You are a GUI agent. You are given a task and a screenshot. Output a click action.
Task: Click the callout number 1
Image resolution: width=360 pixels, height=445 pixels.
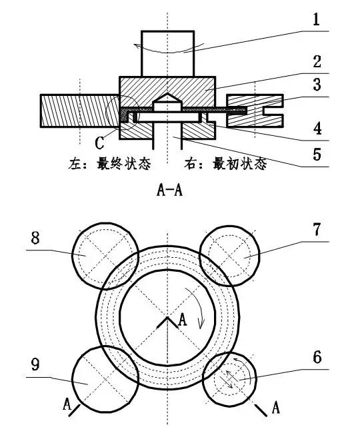click(316, 20)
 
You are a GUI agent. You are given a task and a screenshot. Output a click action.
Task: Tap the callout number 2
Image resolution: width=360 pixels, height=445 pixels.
click(317, 61)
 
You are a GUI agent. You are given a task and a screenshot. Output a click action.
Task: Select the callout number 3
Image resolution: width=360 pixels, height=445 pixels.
click(317, 85)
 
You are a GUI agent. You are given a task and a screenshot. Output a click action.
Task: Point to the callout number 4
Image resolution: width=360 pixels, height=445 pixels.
click(317, 129)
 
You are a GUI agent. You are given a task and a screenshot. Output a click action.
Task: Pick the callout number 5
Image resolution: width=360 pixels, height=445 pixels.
click(317, 155)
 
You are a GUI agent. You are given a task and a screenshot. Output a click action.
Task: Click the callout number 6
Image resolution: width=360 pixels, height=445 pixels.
click(317, 357)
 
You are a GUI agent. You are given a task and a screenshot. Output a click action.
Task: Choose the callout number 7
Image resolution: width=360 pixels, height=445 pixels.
click(317, 229)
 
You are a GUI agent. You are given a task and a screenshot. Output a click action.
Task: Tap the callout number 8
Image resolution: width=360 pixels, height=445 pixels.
click(35, 238)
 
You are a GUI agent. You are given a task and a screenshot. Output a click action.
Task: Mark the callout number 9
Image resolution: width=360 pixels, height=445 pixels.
click(35, 364)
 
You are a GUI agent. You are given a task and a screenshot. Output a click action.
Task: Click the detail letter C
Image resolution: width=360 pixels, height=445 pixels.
click(99, 143)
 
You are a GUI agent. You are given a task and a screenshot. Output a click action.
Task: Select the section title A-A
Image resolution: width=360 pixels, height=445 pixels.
click(169, 190)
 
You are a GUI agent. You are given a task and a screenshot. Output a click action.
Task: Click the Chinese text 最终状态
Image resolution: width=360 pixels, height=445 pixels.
click(123, 164)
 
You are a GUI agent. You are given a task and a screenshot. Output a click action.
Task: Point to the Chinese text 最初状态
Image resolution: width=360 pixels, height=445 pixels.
click(240, 164)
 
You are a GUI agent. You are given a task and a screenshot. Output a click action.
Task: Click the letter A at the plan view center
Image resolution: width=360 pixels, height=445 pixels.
click(182, 320)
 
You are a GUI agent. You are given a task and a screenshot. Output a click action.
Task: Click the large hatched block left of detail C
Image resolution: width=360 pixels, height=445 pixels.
click(79, 111)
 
